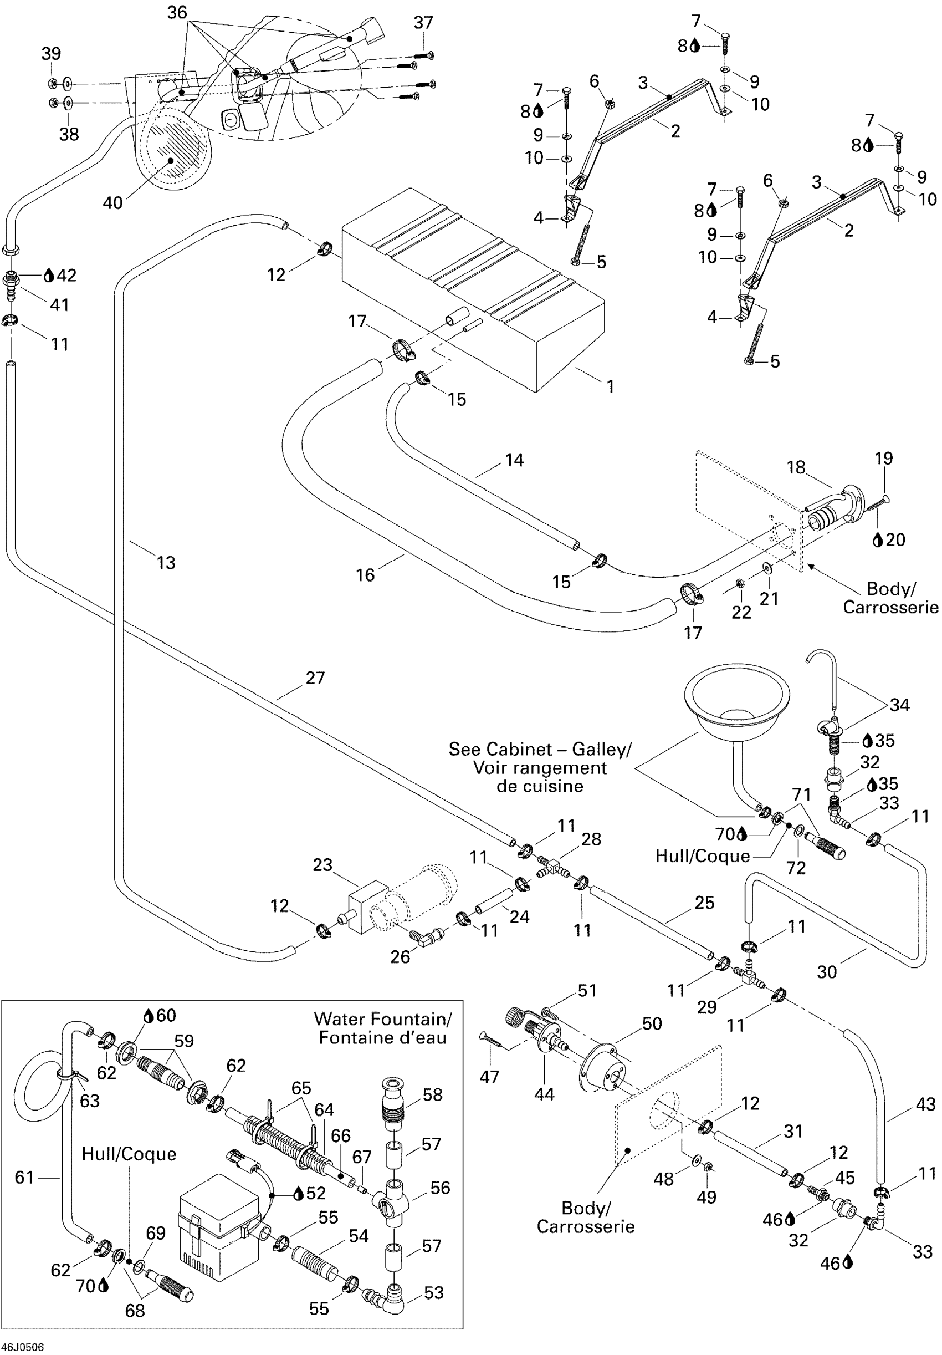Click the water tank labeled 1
pos(472,289)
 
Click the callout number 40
pos(112,203)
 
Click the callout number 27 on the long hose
pos(315,677)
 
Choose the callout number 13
pos(166,562)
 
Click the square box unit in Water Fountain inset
pos(218,1221)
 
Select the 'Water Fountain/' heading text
pos(382,1019)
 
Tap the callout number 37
pos(423,22)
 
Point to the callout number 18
pos(796,467)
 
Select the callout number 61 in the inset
pos(24,1178)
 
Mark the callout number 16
pos(365,574)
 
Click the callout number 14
pos(514,460)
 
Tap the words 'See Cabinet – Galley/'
pos(539,749)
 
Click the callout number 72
pos(796,868)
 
